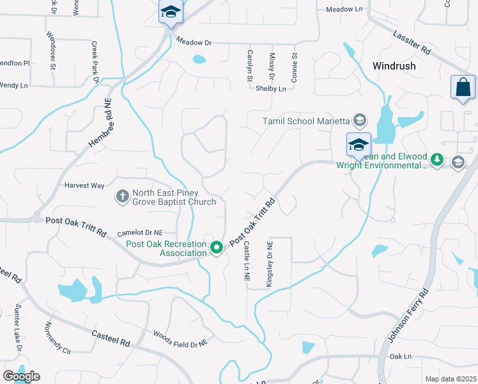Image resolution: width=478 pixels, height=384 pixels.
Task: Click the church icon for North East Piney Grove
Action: (x=122, y=196)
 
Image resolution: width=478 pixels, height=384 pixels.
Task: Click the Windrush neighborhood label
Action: (x=394, y=66)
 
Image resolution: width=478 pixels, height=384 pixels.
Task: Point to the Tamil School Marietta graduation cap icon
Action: (x=360, y=120)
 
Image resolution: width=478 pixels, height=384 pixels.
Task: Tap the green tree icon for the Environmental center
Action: (x=436, y=159)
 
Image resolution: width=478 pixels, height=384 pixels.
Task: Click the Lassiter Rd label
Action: (x=413, y=43)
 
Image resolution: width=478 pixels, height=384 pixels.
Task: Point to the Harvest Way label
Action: (x=84, y=186)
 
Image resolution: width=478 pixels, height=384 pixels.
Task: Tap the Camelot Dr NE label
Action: (x=139, y=233)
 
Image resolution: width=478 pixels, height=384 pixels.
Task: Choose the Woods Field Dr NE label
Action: (x=181, y=339)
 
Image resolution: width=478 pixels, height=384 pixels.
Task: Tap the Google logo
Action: (x=21, y=376)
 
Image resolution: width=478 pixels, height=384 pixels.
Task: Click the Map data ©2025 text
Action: (x=451, y=379)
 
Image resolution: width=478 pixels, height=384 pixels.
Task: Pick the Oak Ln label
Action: (x=399, y=356)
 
